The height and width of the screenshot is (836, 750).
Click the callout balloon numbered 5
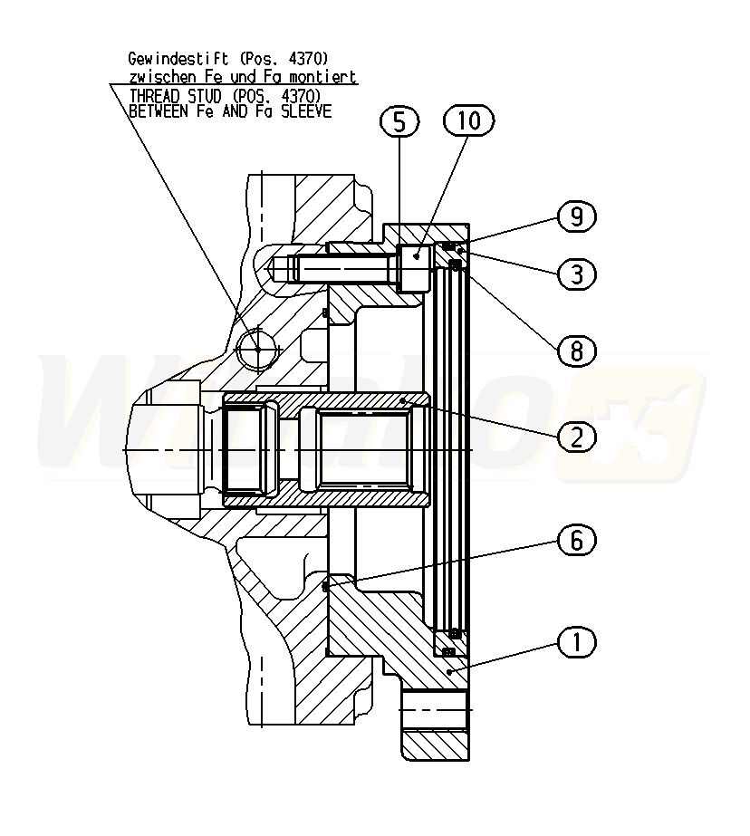[399, 121]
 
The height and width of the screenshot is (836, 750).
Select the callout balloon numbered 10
[469, 120]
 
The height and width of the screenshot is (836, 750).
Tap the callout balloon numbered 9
[577, 217]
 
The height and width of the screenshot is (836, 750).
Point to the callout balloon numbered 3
[577, 274]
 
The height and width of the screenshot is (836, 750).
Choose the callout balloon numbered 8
[577, 351]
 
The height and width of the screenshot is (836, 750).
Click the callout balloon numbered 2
[577, 437]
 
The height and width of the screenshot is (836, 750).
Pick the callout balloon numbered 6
[577, 541]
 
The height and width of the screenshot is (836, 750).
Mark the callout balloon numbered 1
[577, 642]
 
